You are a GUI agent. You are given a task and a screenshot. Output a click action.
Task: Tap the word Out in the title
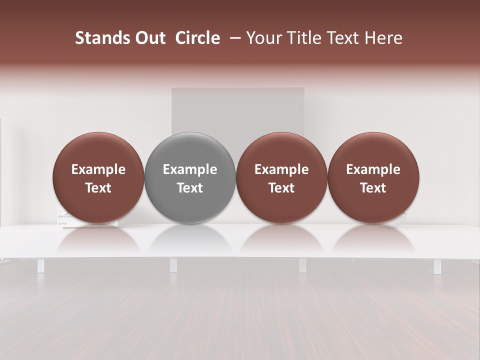[148, 38]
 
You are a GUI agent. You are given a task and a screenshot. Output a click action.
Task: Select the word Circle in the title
[197, 38]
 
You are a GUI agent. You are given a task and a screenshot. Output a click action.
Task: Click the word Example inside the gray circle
[190, 169]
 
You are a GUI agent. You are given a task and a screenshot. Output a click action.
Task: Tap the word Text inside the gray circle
[190, 188]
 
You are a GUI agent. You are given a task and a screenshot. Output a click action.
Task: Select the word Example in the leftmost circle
[98, 169]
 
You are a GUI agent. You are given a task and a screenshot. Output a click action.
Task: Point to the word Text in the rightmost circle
[373, 188]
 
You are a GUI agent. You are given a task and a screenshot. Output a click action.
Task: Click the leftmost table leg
[40, 265]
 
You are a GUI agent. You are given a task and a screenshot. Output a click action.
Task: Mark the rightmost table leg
[437, 266]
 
